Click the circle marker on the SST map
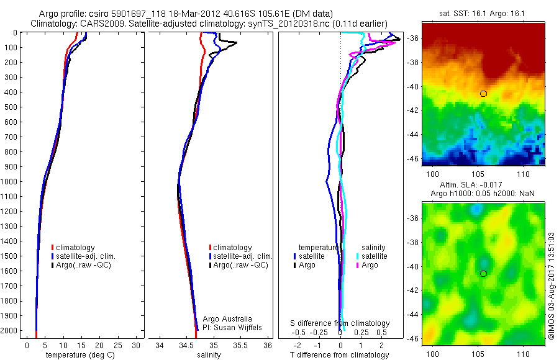(483, 94)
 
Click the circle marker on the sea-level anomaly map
(483, 273)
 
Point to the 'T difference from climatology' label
(339, 355)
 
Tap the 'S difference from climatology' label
(340, 323)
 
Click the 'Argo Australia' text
(227, 319)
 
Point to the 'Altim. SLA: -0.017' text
(482, 185)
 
